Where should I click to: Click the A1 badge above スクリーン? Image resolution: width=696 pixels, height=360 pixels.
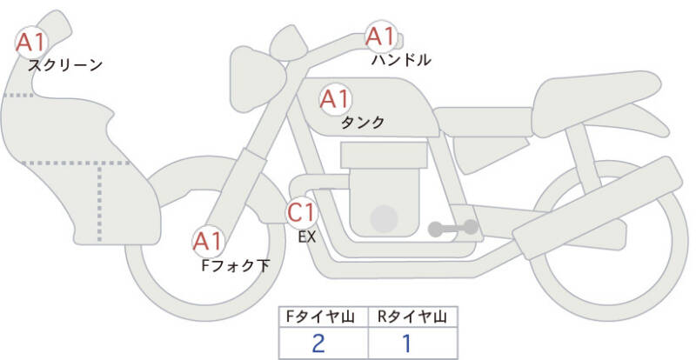click(x=31, y=42)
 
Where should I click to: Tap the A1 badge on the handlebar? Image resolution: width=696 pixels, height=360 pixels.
click(x=381, y=37)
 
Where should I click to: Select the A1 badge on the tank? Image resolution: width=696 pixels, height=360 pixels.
click(x=336, y=99)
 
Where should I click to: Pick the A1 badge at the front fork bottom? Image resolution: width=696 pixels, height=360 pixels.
click(x=208, y=242)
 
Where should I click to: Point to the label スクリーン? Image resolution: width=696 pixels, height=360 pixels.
click(x=65, y=65)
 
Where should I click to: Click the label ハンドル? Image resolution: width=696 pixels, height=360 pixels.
click(x=401, y=59)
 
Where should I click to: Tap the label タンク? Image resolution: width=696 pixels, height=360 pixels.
click(x=363, y=122)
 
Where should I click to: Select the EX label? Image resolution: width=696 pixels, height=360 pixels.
click(x=307, y=237)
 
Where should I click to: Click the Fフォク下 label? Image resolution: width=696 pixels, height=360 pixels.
click(x=236, y=265)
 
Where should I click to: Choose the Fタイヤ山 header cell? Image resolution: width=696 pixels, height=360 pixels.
click(x=324, y=317)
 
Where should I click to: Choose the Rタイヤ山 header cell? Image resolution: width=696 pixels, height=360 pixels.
click(x=412, y=317)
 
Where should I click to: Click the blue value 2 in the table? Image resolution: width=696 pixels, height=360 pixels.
click(x=318, y=343)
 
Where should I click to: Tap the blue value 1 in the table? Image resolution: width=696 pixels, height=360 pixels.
click(x=406, y=343)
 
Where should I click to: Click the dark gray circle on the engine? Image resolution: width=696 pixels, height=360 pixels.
click(x=384, y=219)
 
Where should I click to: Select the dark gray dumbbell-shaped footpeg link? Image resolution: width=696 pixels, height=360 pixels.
click(x=452, y=228)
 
